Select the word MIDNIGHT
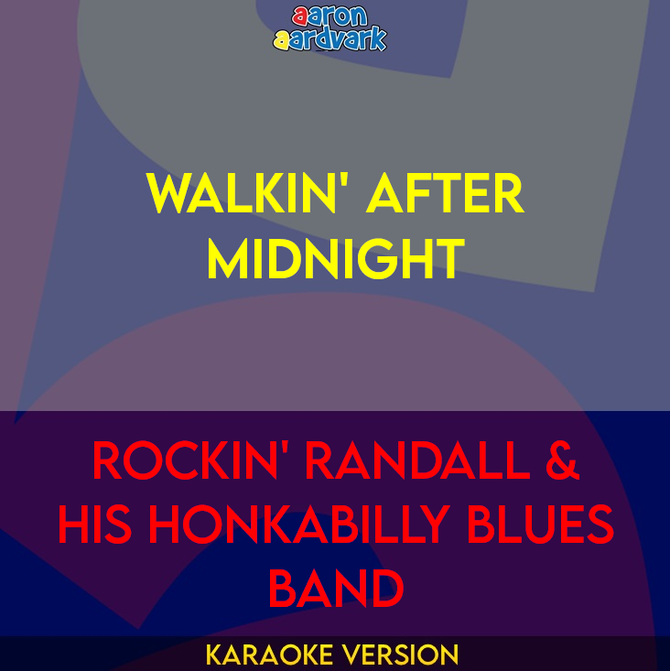pos(335,259)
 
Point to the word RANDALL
pos(416,461)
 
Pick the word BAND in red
pos(335,589)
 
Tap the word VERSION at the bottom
pos(400,655)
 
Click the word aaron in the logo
pos(330,16)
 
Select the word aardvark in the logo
pos(330,38)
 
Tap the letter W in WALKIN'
pos(167,194)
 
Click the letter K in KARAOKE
pos(213,655)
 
